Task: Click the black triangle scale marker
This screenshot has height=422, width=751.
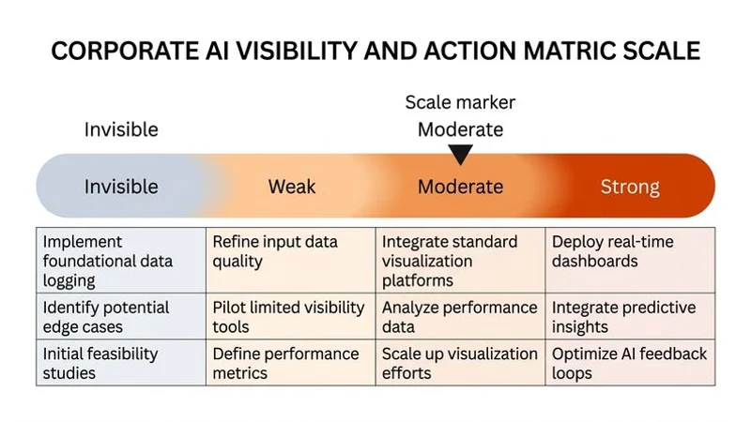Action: tap(460, 154)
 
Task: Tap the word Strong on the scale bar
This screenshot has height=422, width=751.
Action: tap(630, 187)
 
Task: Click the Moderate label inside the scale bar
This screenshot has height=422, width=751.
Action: tap(460, 187)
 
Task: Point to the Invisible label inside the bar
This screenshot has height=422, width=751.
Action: tap(121, 187)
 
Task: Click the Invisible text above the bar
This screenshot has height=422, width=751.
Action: tap(121, 129)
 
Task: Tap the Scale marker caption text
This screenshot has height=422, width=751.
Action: tap(460, 102)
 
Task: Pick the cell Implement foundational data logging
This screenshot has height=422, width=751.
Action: tap(120, 261)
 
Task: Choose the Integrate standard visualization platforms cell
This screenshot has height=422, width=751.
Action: tap(460, 261)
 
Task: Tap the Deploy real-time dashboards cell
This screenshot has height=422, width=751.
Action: tap(629, 251)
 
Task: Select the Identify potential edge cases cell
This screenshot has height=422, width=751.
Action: tap(120, 317)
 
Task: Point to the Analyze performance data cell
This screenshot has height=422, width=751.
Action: tap(460, 317)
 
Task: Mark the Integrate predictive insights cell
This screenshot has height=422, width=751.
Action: tap(629, 317)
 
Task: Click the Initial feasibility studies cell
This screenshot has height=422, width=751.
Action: tap(120, 363)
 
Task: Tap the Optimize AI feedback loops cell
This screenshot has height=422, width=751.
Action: tap(629, 363)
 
